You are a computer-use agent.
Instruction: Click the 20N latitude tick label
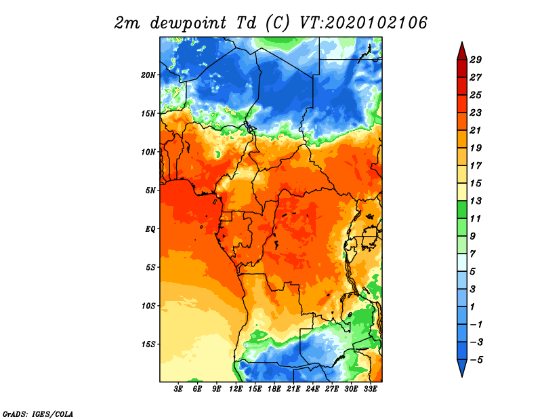pos(148,75)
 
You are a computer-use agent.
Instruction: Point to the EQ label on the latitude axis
pos(150,229)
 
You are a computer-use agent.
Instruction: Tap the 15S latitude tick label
pos(148,344)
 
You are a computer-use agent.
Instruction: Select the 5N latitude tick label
pos(150,191)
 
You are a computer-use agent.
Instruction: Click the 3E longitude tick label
pos(178,389)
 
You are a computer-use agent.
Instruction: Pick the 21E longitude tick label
pos(293,389)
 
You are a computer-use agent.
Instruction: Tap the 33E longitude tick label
pos(370,389)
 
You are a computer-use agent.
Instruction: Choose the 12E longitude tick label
pos(236,389)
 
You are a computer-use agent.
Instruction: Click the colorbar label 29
pos(476,60)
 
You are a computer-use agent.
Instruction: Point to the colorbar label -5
pos(476,360)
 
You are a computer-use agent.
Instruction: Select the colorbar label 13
pos(476,201)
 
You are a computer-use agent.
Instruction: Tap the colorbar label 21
pos(476,130)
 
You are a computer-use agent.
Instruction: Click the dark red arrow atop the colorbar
pos(462,52)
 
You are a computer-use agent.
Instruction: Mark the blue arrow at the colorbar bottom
pos(462,367)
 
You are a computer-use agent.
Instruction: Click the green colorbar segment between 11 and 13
pos(462,209)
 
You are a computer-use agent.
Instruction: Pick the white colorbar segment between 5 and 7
pos(462,262)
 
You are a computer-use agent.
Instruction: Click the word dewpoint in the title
pos(188,23)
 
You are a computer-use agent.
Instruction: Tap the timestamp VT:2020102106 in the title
pos(364,23)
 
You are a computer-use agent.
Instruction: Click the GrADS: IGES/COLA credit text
pos(38,414)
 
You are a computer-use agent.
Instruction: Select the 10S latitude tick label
pos(148,306)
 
